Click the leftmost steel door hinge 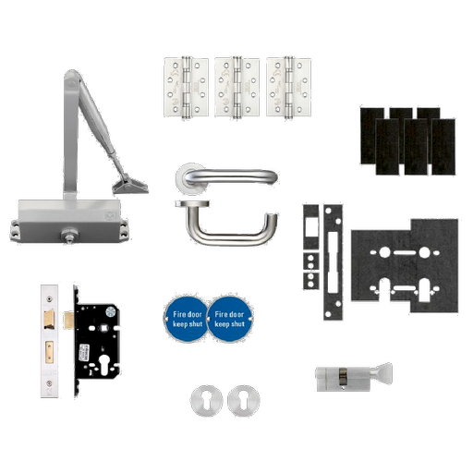[186, 87]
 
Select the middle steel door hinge [236, 87]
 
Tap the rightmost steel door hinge [288, 87]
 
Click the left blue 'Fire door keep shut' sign [187, 319]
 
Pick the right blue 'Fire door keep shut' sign [230, 319]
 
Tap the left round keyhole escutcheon [206, 401]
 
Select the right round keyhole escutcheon [244, 401]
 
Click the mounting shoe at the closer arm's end [130, 184]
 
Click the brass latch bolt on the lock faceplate [49, 320]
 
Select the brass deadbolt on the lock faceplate [49, 351]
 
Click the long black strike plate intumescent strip [333, 262]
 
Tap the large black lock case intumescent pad [405, 265]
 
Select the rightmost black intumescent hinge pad [443, 147]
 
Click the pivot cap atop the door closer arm [71, 81]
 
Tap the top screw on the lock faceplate [49, 298]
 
